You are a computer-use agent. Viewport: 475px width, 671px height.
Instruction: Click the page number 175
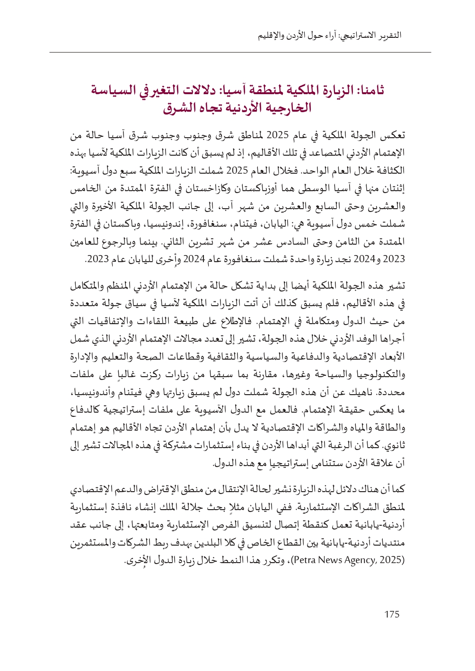click(392, 614)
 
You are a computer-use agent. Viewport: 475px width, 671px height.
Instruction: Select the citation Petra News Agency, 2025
click(348, 560)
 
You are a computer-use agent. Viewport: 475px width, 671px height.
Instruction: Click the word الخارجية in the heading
click(288, 107)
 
